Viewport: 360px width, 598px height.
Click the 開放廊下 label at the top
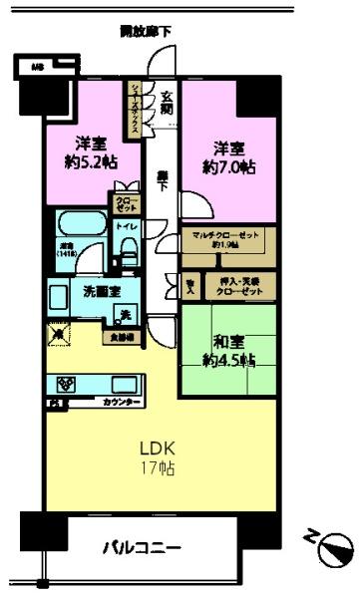click(146, 32)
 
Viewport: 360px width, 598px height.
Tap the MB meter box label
click(37, 68)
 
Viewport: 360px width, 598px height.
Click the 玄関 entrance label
click(167, 101)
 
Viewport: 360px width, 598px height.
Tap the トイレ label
click(128, 227)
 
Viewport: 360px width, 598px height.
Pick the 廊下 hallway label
click(161, 181)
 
